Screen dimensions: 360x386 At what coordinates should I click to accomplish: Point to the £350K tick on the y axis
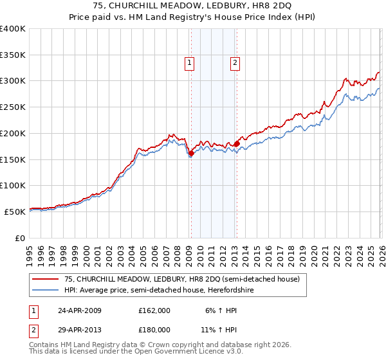(13, 55)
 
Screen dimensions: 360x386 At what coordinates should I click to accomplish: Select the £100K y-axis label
(13, 185)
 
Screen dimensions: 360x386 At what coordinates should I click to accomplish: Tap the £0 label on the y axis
(19, 237)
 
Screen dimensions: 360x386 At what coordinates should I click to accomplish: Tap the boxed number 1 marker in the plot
(190, 62)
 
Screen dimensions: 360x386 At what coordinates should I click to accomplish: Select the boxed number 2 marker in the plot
(235, 62)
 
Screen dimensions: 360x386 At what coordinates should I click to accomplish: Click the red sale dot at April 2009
(191, 153)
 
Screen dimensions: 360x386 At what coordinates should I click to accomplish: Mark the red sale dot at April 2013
(237, 144)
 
